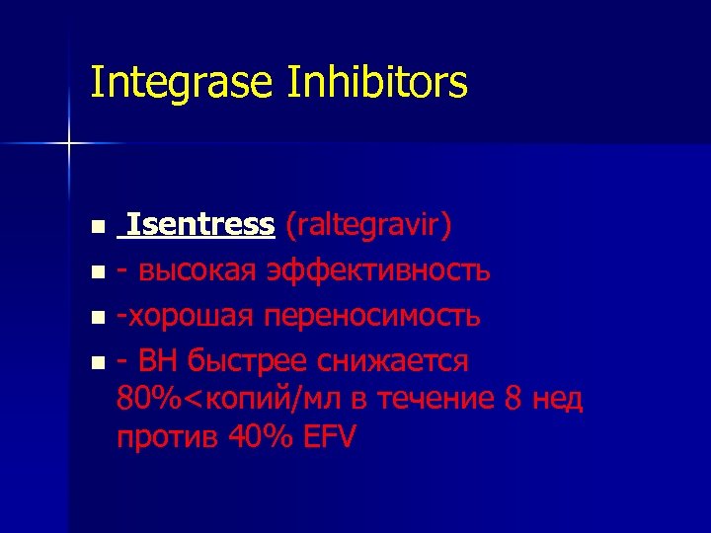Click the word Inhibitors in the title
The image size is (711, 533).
point(378,83)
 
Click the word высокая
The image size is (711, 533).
point(193,270)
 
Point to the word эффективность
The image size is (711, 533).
point(378,270)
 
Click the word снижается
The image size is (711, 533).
point(398,361)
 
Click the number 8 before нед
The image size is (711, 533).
point(512,399)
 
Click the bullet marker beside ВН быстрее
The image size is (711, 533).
point(97,363)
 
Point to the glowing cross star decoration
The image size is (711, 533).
point(69,144)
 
